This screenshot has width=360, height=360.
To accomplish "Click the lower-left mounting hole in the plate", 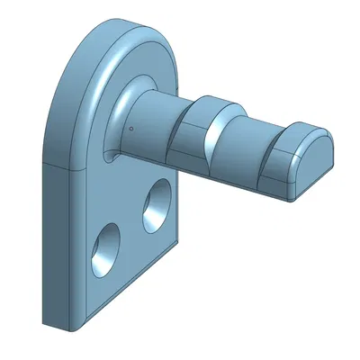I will click(x=106, y=247).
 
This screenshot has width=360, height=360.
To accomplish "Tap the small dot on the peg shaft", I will click(x=131, y=128).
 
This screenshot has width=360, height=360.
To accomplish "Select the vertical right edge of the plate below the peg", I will click(x=176, y=207).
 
